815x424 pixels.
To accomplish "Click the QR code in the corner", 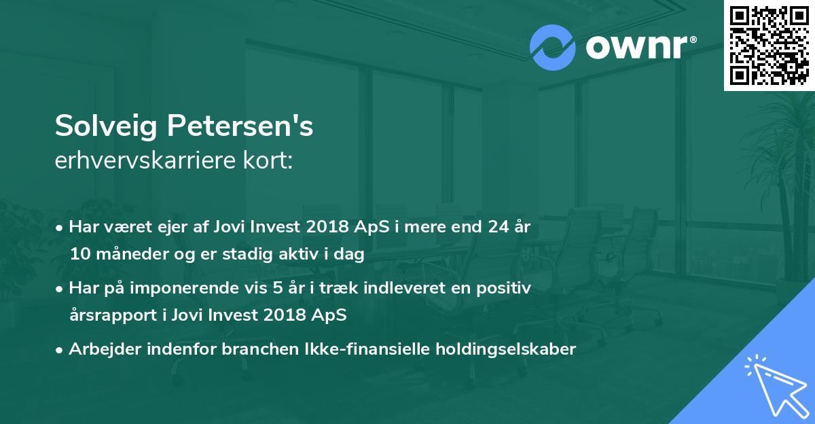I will pos(769,45).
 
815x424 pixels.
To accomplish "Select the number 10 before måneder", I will pos(79,255).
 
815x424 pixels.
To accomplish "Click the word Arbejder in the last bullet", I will pos(98,349).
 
